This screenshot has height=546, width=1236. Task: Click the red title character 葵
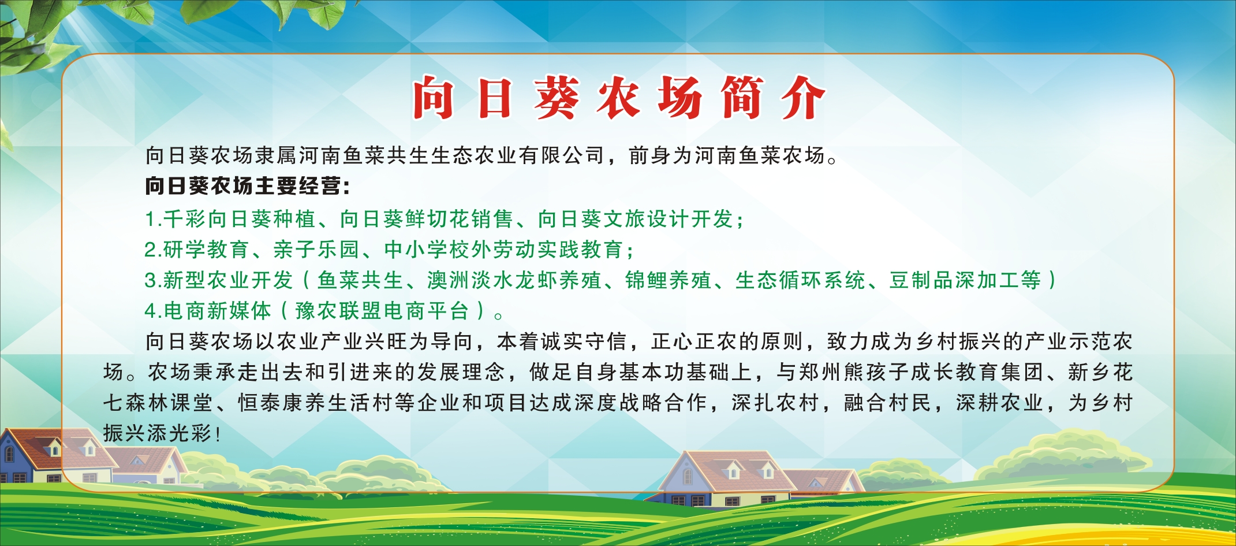pyautogui.click(x=557, y=98)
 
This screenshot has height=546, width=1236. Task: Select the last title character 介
pyautogui.click(x=803, y=98)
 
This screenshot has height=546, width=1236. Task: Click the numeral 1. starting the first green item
pyautogui.click(x=152, y=220)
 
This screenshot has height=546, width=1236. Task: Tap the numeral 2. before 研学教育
pyautogui.click(x=153, y=250)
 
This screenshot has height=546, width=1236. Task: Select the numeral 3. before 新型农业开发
pyautogui.click(x=153, y=281)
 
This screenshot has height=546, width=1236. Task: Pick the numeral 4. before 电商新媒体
pyautogui.click(x=154, y=311)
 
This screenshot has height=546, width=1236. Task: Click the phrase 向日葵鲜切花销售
pyautogui.click(x=427, y=220)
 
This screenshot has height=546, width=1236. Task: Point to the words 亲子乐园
pyautogui.click(x=316, y=250)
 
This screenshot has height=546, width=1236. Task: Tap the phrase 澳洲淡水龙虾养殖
pyautogui.click(x=514, y=281)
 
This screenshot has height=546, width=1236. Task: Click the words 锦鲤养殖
pyautogui.click(x=669, y=281)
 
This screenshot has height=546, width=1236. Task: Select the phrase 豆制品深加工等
pyautogui.click(x=965, y=281)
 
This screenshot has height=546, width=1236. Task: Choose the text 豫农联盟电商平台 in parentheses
pyautogui.click(x=382, y=311)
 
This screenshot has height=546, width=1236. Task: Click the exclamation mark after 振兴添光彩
pyautogui.click(x=218, y=434)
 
